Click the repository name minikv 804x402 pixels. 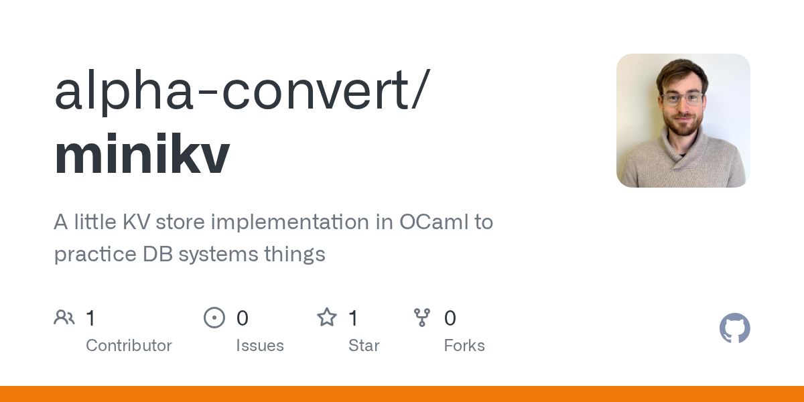[142, 153]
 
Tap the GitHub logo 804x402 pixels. [735, 328]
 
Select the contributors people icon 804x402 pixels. [64, 318]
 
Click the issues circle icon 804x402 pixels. [214, 318]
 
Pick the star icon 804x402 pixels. [327, 318]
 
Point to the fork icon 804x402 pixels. [421, 318]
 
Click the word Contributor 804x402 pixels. [129, 346]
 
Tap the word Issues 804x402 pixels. [260, 346]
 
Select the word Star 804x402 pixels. [364, 346]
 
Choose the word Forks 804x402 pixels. [464, 346]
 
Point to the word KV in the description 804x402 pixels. [137, 222]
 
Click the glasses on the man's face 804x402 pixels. [682, 98]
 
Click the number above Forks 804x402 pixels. [450, 318]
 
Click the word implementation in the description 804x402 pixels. [290, 222]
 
